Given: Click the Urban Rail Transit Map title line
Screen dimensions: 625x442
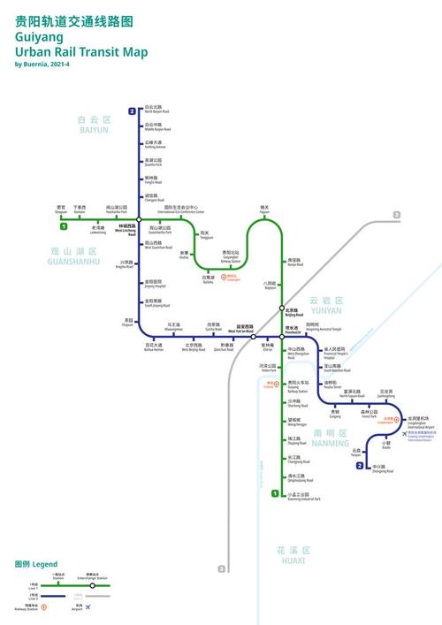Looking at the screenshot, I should click(80, 52).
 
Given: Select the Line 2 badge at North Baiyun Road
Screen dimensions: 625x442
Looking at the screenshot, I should click(133, 111).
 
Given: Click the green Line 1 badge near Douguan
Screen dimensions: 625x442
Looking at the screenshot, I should click(51, 227).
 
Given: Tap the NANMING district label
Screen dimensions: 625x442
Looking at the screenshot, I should click(331, 435).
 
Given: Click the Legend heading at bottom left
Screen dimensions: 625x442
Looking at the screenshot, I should click(35, 563).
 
